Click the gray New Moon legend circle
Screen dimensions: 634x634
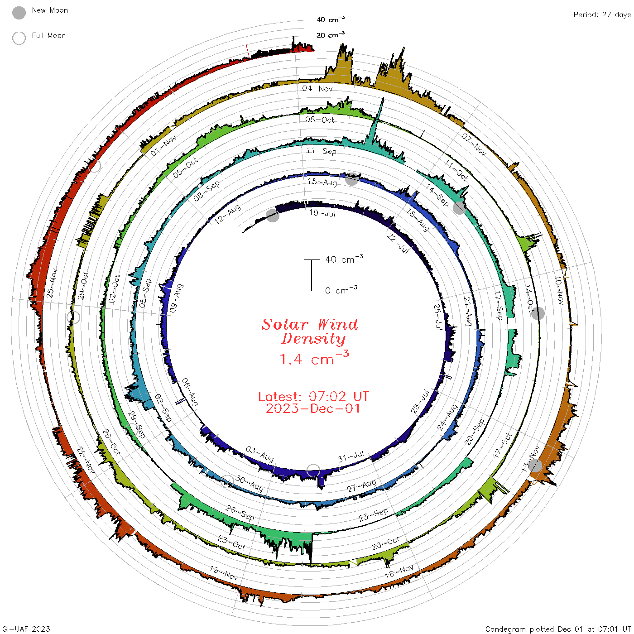(x=19, y=13)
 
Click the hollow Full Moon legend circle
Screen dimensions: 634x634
(x=19, y=38)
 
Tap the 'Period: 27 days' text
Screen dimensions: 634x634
(x=602, y=15)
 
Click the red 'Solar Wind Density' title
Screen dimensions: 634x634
(x=310, y=331)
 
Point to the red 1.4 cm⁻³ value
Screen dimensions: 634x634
(x=314, y=358)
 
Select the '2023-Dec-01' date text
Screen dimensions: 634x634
(x=313, y=408)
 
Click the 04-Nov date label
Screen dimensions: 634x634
(x=317, y=88)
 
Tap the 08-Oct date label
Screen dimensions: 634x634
(x=319, y=120)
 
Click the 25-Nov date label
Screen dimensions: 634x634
(x=52, y=283)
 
